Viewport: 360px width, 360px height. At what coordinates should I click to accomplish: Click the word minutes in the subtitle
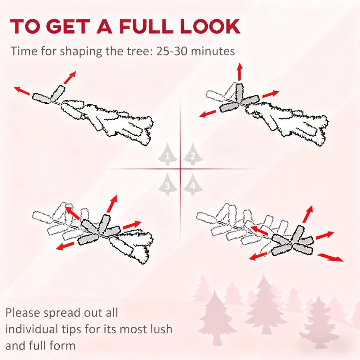(214, 51)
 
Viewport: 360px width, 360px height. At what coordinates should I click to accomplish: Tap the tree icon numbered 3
(167, 184)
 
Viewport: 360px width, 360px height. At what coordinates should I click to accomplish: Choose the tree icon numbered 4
(193, 184)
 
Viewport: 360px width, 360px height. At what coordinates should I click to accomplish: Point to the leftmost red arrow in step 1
(22, 90)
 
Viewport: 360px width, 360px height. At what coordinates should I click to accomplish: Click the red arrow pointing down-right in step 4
(330, 257)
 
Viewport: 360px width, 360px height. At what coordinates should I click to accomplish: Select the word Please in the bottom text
(24, 312)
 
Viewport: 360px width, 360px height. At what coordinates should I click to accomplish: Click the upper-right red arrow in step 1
(69, 77)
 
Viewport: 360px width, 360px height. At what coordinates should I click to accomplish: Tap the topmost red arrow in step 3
(112, 203)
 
